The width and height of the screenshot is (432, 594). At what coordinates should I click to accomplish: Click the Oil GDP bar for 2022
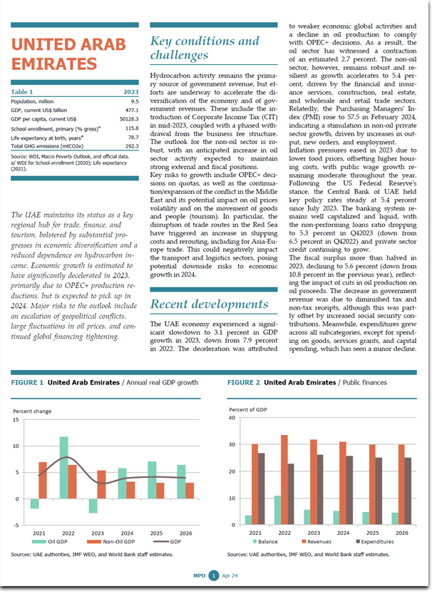(x=63, y=468)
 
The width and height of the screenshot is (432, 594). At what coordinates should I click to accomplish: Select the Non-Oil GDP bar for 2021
(x=43, y=481)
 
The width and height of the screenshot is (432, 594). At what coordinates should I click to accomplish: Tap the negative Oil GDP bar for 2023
(x=93, y=506)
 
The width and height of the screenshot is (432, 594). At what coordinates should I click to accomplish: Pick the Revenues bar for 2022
(x=284, y=480)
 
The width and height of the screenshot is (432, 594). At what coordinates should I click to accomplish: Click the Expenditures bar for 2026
(x=408, y=491)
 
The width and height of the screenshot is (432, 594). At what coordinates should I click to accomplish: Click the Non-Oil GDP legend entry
(x=110, y=542)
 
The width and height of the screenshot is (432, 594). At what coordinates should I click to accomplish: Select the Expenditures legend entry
(x=374, y=542)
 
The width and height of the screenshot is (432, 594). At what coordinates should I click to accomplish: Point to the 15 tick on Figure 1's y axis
(x=16, y=420)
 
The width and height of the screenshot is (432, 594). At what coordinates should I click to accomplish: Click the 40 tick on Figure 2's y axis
(x=232, y=418)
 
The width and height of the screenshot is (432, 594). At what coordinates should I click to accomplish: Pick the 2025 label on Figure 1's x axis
(x=156, y=533)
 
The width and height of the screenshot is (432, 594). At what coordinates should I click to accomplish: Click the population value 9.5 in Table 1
(x=135, y=101)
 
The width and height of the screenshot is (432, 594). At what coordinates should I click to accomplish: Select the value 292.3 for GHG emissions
(x=132, y=146)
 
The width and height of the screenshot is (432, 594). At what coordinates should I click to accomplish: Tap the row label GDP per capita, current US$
(x=43, y=119)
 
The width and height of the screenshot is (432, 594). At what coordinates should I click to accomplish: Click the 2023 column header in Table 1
(x=131, y=92)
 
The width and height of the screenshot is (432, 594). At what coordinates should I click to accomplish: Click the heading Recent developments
(x=210, y=304)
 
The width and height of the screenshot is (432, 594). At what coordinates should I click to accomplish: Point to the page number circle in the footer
(x=214, y=576)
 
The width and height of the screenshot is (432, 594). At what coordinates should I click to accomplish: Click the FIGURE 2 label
(x=244, y=383)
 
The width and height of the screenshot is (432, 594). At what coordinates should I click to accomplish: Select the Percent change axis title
(x=32, y=411)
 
